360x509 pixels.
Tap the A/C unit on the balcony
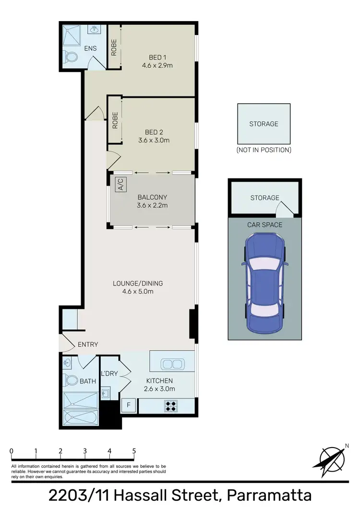click(120, 185)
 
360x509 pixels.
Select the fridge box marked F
click(129, 405)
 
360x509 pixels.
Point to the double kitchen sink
click(171, 364)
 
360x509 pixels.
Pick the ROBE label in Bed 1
click(114, 47)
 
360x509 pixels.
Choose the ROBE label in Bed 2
click(115, 120)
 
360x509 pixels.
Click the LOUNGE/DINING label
click(139, 283)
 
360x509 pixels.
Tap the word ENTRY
click(87, 344)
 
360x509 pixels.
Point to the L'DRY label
click(109, 374)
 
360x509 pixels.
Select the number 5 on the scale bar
click(134, 451)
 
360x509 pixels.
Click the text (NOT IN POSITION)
click(264, 150)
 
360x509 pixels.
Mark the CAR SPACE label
click(264, 225)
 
